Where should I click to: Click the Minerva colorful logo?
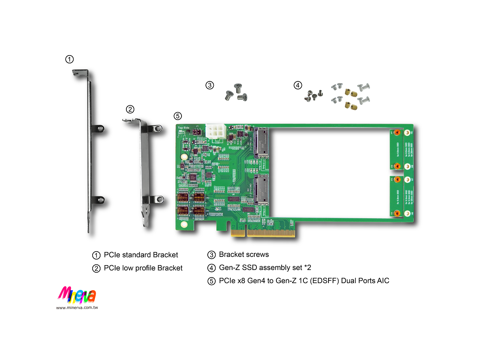point(77,295)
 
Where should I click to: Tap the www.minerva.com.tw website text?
point(77,307)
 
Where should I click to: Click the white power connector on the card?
point(216,132)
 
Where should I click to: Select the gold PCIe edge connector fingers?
point(263,233)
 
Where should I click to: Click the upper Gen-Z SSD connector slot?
point(262,142)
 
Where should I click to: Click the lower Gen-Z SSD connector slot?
point(262,189)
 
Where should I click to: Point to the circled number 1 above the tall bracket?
point(69,59)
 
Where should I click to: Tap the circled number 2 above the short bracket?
point(130,109)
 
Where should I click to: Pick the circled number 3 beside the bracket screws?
point(210,85)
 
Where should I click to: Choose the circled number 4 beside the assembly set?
point(298,85)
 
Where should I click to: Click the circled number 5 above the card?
point(178,116)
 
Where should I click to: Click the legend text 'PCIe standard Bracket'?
point(141,255)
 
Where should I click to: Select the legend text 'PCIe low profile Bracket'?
point(143,268)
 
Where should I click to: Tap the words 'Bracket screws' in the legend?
point(244,255)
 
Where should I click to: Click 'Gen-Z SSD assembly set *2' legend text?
point(265,268)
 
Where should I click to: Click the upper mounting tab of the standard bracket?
point(98,129)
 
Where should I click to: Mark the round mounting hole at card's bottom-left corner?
point(184,225)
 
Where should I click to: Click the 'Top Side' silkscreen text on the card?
point(183,127)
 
